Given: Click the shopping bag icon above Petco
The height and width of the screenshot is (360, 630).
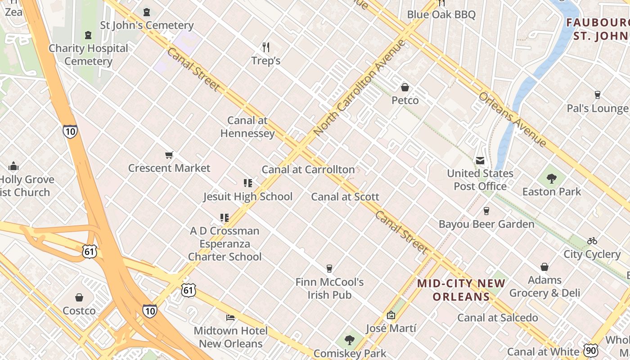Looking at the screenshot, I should pos(405,87).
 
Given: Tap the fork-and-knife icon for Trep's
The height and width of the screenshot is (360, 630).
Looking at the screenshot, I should pos(266,47).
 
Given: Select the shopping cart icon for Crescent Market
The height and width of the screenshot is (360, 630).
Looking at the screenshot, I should pos(169,155).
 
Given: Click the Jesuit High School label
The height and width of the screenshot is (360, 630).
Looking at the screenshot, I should pos(247,197).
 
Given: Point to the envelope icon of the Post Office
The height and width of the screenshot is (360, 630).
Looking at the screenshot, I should pos(480,161).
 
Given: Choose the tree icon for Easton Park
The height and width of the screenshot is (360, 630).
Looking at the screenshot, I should pos(552,179).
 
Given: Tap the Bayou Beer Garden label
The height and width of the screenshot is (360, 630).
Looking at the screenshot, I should pos(486,224).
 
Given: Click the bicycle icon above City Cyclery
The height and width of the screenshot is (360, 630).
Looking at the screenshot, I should pos(592,241).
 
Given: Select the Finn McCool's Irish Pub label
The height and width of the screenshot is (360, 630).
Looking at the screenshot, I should pos(329,288).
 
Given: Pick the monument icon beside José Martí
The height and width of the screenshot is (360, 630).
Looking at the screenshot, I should pos(391,315).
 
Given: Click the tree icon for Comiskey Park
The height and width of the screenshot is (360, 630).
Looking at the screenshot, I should pos(350,340).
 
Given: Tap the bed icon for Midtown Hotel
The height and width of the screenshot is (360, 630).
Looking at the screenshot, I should pos(230,318).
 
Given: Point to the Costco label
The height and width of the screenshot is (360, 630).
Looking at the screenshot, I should pos(79,311).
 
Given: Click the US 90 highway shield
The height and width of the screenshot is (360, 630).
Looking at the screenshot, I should pos(590,350).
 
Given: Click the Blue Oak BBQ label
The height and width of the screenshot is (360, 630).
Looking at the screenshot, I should pos(441,15).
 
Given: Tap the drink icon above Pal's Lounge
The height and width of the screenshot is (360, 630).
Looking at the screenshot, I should pos(597,95).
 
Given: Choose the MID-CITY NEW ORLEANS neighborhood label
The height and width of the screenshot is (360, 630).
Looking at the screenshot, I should pos(461,290).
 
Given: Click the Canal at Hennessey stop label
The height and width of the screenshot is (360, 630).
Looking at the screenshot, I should pos(247,127).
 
